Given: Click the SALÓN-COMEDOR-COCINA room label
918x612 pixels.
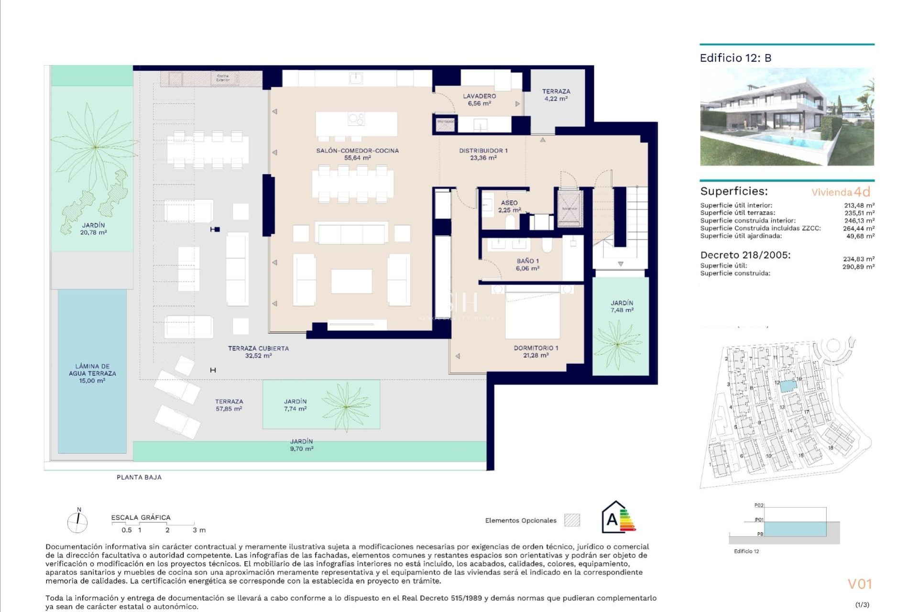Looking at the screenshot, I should pos(357,154).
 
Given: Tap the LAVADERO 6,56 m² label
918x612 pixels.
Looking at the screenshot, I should pos(479,99).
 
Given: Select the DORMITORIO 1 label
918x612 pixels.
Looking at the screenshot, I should pos(535,351).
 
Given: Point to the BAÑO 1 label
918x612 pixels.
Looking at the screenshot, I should pos(527,264).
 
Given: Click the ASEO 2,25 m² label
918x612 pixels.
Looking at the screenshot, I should pos(509,206).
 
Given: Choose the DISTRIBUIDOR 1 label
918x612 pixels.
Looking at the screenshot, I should pos(483,154).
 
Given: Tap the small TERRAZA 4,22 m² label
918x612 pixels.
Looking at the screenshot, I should pos(556,95).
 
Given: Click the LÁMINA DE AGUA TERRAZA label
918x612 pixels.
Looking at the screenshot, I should pos(92,373).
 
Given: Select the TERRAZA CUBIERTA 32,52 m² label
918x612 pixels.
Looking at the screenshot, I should pos(258,352).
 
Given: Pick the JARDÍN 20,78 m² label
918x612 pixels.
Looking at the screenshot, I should pos(93,229).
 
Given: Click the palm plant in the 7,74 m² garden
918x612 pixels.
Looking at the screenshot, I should pos(346,406).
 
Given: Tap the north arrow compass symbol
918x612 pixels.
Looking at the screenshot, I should pos(77,522).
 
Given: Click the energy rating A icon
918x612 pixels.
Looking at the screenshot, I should pos(618,518).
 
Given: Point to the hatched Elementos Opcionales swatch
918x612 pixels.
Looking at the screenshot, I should pos(572,520).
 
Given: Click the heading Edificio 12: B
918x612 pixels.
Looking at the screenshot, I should pos(735,58).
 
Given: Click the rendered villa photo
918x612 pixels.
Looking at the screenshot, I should pos(787,117).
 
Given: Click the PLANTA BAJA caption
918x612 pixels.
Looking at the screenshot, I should pos(139,477).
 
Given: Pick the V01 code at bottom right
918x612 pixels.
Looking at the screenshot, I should pos(860,584).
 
